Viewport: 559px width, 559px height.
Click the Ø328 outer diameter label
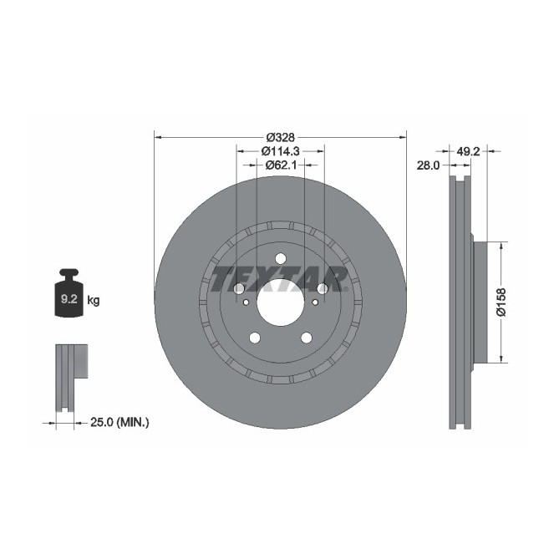pos(281,136)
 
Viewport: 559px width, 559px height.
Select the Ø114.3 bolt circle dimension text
pos(280,151)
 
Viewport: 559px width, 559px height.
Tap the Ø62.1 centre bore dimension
pos(280,165)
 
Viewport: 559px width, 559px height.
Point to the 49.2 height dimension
pos(468,151)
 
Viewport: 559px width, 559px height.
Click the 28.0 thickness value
pos(428,166)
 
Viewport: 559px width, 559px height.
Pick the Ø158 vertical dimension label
pos(501,302)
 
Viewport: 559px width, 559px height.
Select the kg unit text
pos(94,300)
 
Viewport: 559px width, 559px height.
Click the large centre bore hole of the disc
pos(280,300)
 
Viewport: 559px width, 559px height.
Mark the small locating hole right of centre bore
pos(321,289)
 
